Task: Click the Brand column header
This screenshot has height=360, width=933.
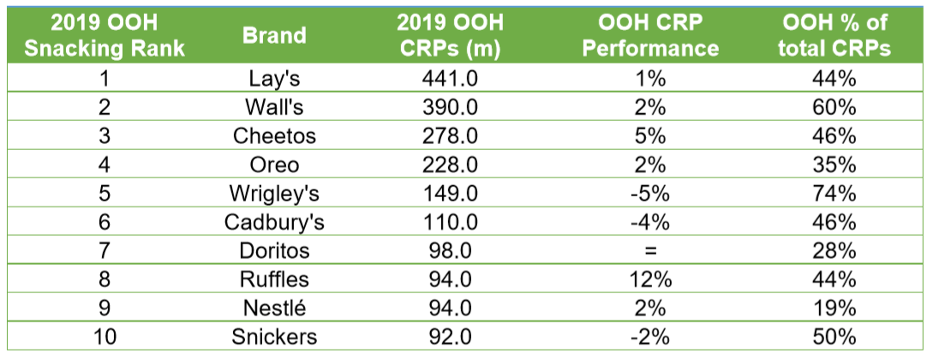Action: (274, 35)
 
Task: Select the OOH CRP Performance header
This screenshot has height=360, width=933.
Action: (650, 35)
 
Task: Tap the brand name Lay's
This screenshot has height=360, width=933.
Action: (274, 80)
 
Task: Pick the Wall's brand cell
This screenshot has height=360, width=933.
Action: (274, 108)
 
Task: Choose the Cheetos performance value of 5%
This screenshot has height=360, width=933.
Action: (650, 136)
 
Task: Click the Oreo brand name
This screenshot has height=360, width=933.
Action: (274, 165)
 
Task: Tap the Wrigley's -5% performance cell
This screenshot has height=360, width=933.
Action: (650, 194)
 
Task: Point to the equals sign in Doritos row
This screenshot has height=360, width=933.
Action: (650, 251)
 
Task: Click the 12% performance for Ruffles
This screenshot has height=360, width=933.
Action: (650, 279)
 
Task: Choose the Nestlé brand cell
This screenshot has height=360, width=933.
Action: (274, 309)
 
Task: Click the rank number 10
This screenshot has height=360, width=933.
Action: (104, 337)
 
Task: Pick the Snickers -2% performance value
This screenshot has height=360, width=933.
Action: (650, 337)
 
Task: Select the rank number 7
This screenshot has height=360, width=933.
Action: (104, 251)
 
